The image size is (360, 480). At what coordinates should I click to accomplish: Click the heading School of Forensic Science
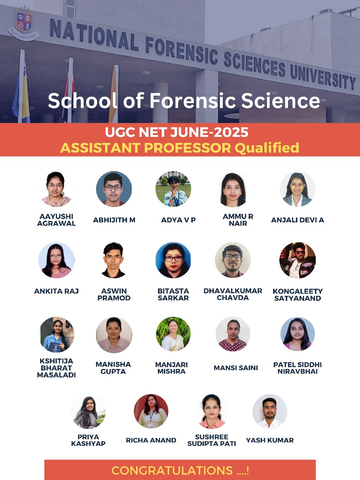[x=184, y=100]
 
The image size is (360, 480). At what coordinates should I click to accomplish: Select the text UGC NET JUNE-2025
[x=177, y=132]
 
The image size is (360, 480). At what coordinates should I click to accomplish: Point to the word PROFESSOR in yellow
[x=187, y=148]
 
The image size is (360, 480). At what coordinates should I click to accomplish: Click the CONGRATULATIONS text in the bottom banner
[x=172, y=470]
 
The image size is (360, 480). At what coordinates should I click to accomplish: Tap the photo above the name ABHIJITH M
[x=114, y=189]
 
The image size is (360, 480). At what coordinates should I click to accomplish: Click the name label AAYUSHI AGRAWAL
[x=56, y=220]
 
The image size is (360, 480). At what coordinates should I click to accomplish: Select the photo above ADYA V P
[x=173, y=189]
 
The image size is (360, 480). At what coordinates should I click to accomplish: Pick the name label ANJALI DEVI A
[x=297, y=220]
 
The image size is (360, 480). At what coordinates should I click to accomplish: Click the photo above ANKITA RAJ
[x=56, y=260]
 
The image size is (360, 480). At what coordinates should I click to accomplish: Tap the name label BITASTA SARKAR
[x=173, y=294]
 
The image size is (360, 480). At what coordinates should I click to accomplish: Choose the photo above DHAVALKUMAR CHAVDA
[x=233, y=260]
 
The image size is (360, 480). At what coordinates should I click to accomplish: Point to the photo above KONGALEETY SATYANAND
[x=297, y=260]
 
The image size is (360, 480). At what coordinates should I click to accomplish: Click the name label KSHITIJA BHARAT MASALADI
[x=56, y=368]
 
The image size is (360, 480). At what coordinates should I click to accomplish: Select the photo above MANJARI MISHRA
[x=173, y=334]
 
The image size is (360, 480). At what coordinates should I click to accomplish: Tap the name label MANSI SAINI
[x=236, y=368]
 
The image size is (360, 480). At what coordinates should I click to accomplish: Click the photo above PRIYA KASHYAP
[x=88, y=411]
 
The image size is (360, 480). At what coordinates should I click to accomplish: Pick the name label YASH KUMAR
[x=270, y=440]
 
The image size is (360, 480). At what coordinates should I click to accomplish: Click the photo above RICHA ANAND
[x=151, y=411]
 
